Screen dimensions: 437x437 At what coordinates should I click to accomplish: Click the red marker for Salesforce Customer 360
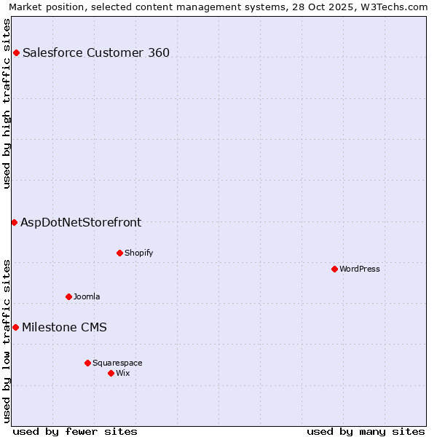(x=16, y=52)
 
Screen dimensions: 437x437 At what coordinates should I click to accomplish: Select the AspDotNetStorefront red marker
(x=14, y=222)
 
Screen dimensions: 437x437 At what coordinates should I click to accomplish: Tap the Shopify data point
(x=119, y=253)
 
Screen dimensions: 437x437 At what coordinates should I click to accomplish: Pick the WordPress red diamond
(x=334, y=269)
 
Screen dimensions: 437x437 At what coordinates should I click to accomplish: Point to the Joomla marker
(x=68, y=296)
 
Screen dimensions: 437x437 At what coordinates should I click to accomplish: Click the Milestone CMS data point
(x=15, y=328)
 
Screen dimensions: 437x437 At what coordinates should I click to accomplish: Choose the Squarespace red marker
(x=87, y=363)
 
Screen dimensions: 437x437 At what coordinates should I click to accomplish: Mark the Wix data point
(x=111, y=373)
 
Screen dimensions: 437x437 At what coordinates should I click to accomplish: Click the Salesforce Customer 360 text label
(x=96, y=52)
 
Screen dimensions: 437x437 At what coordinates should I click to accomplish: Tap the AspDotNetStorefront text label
(x=81, y=223)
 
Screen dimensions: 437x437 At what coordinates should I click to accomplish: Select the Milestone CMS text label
(x=64, y=328)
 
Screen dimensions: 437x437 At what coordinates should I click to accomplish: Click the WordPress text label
(x=360, y=269)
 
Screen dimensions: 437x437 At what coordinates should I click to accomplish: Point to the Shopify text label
(x=138, y=253)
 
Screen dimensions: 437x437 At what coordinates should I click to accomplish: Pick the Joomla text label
(x=87, y=296)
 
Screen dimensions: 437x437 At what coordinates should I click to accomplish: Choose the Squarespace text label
(x=117, y=363)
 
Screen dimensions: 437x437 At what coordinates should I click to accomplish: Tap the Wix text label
(x=123, y=373)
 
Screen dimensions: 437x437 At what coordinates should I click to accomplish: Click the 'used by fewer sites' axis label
(x=75, y=431)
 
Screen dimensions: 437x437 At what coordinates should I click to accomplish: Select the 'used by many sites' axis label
(x=366, y=431)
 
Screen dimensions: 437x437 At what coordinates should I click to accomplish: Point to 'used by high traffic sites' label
(x=7, y=103)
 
